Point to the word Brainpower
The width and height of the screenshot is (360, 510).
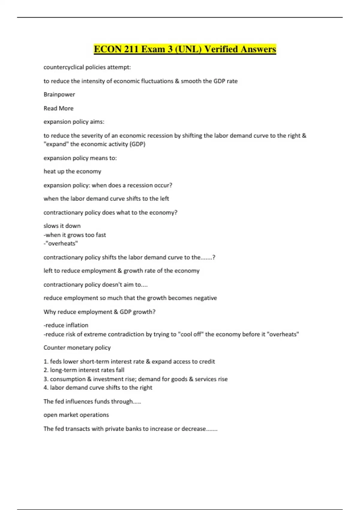tap(59, 94)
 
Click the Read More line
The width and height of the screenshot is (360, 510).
tap(58, 108)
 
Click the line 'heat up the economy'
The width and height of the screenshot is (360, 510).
tap(72, 171)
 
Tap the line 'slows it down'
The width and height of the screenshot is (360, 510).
tap(62, 226)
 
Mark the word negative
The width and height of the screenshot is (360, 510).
tap(205, 298)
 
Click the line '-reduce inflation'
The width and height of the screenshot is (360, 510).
tap(66, 325)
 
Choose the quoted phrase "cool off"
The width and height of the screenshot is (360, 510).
tap(190, 334)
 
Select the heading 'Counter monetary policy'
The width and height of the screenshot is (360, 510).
tap(77, 348)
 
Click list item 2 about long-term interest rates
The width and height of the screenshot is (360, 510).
tap(84, 370)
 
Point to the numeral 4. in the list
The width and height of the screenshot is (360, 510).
tap(46, 388)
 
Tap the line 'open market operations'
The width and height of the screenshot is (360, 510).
tap(76, 415)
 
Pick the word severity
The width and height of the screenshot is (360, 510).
tap(92, 136)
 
